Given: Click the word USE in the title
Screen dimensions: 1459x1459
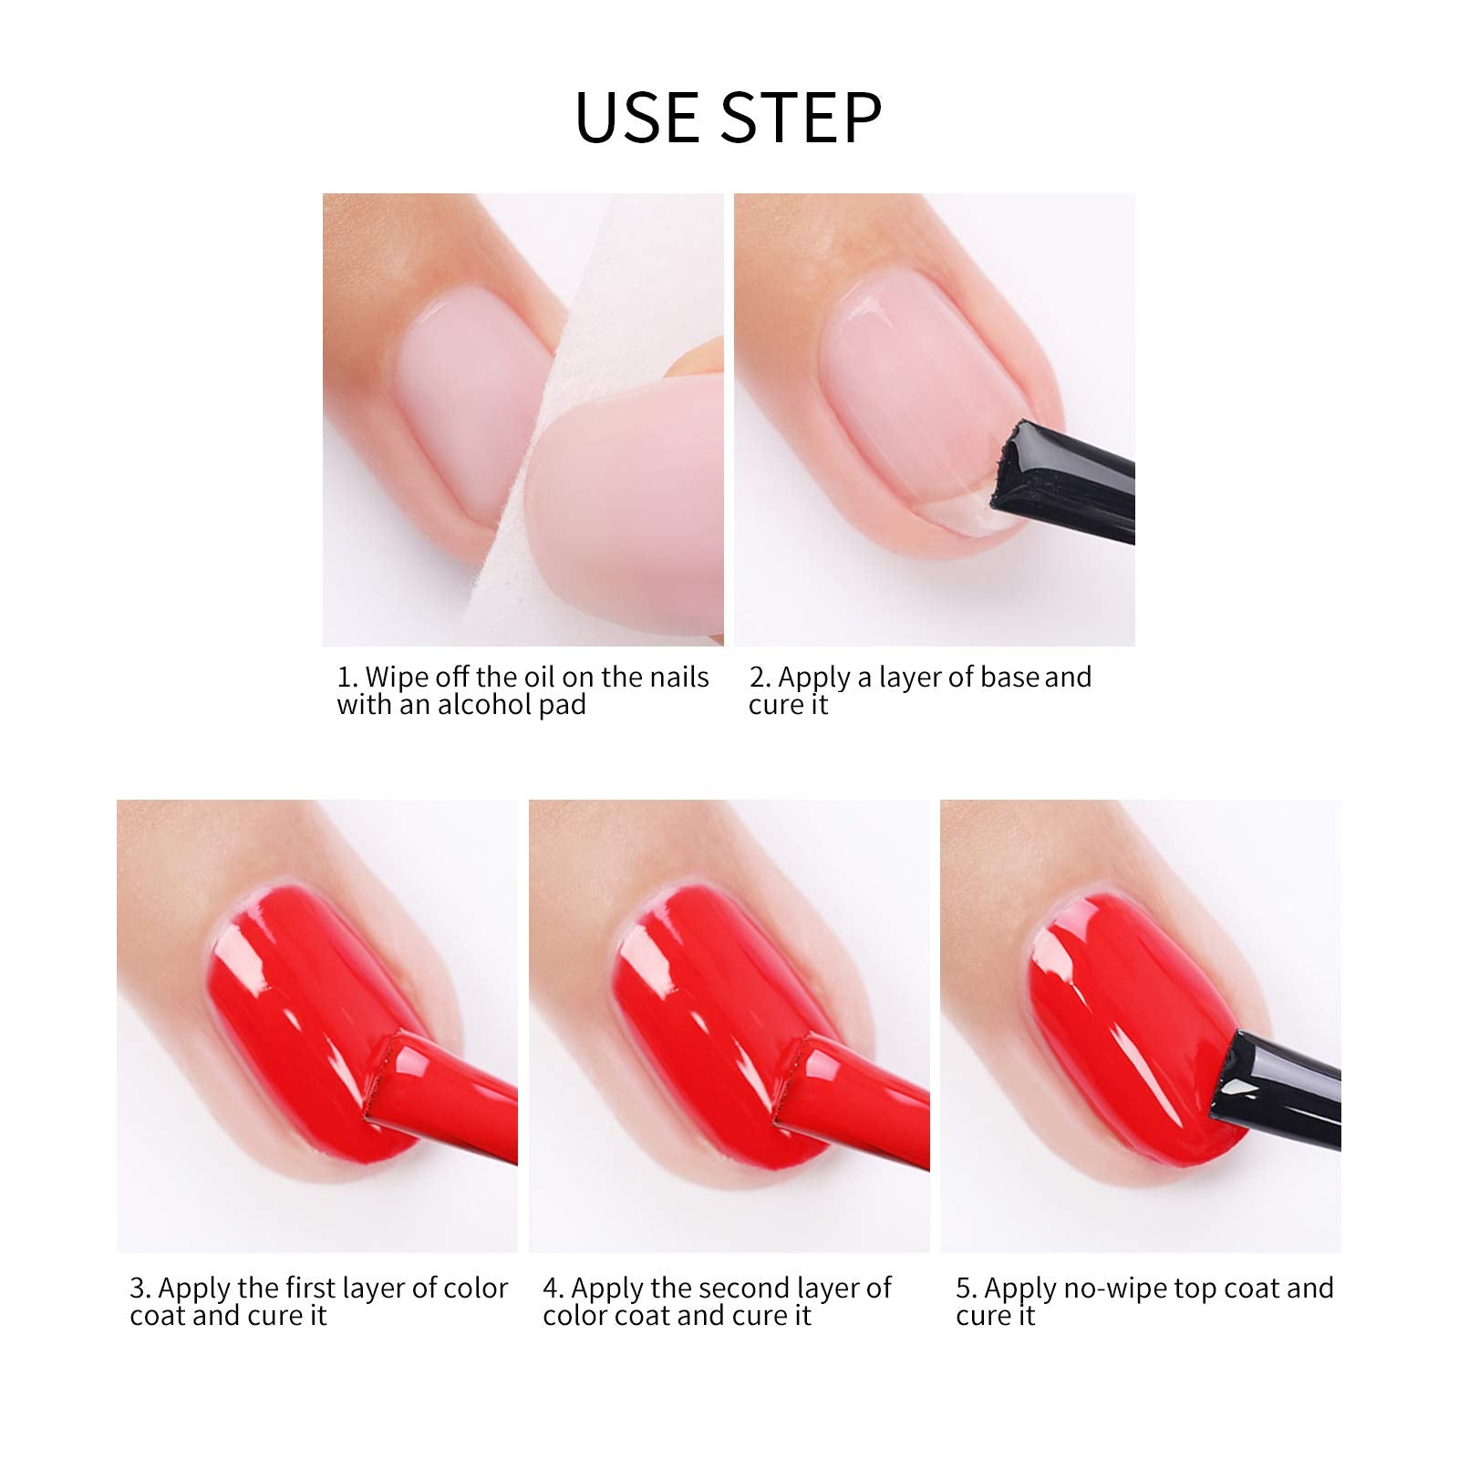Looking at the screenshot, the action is [638, 117].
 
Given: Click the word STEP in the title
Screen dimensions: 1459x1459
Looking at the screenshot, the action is [802, 117].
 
